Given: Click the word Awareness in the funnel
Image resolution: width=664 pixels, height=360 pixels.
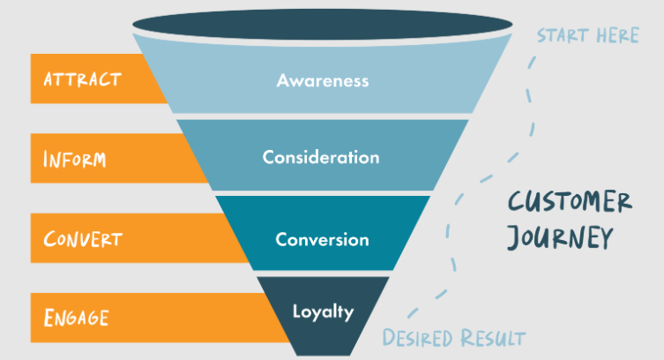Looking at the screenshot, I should [322, 80].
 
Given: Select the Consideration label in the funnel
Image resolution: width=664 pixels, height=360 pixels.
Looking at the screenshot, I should [321, 158].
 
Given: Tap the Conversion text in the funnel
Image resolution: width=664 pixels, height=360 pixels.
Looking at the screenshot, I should [322, 239].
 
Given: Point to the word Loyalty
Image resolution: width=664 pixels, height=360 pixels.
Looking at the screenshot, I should [323, 311].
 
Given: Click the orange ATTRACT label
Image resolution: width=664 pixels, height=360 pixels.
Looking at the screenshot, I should [83, 79].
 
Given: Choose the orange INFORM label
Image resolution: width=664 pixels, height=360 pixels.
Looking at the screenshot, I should [75, 159].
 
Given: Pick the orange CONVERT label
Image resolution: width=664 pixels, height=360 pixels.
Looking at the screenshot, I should [83, 239].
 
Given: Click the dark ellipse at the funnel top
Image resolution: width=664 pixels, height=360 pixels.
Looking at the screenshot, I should [322, 24].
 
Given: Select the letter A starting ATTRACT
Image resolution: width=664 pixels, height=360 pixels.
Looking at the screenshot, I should [49, 79].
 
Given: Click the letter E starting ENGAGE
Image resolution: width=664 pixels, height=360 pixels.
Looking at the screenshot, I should [48, 315].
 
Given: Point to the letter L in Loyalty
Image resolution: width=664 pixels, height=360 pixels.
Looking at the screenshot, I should [297, 311].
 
